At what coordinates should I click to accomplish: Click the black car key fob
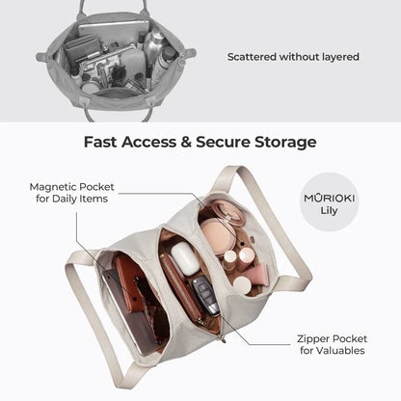click(x=205, y=295)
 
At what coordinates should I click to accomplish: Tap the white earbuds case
click(x=185, y=258)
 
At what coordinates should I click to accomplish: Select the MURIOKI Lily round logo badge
click(x=329, y=201)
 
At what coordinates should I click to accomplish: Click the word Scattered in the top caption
click(x=252, y=57)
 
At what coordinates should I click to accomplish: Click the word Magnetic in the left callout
click(x=53, y=187)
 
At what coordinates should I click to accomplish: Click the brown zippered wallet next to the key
click(x=181, y=287)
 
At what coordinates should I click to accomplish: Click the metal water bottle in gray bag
click(x=152, y=44)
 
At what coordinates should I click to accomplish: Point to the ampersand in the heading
click(x=186, y=142)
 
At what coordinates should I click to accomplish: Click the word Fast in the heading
click(x=100, y=142)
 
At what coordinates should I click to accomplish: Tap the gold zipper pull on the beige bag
click(x=222, y=338)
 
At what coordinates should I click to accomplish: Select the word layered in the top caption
click(x=340, y=57)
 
